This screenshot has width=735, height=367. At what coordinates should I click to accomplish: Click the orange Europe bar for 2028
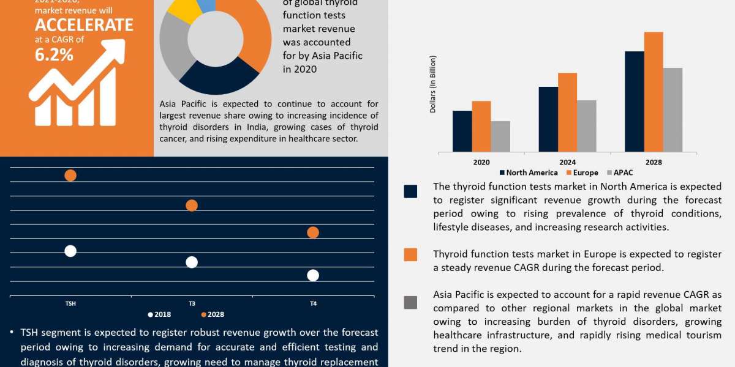click(654, 92)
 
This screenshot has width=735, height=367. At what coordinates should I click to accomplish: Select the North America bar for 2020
click(462, 131)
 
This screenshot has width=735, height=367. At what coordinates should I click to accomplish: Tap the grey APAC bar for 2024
click(586, 126)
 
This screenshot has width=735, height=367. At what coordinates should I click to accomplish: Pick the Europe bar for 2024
click(567, 112)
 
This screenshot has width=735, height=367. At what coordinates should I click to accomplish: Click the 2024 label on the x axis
click(567, 163)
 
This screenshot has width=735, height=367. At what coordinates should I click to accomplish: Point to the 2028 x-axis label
click(654, 163)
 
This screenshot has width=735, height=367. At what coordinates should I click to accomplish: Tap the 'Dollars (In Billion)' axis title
click(433, 84)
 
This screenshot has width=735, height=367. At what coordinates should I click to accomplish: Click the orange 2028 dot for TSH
click(70, 176)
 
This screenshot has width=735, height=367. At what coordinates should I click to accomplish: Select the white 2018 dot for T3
click(192, 262)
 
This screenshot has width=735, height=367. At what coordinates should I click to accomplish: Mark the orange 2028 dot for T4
click(313, 232)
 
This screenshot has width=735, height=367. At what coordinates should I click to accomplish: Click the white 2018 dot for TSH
click(70, 251)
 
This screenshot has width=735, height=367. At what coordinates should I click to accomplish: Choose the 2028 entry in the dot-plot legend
click(213, 315)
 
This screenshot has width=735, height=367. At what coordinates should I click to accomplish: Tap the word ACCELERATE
click(84, 25)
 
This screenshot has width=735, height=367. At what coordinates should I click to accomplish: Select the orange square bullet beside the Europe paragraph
click(410, 254)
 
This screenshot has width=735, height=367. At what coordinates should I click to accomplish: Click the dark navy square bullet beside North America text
click(410, 191)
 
